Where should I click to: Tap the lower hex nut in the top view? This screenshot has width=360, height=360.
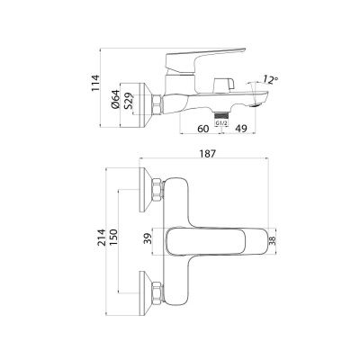click(x=159, y=292)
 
